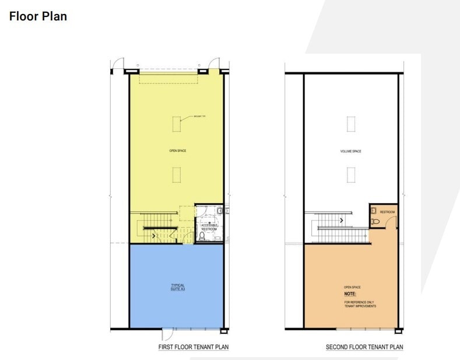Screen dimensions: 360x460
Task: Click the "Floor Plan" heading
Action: point(38,16)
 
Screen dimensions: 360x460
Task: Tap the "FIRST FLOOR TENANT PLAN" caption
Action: point(194,347)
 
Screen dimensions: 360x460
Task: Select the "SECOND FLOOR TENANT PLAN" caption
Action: point(364,347)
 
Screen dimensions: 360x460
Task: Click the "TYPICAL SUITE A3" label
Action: point(178,287)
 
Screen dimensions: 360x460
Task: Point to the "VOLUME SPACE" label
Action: point(351,151)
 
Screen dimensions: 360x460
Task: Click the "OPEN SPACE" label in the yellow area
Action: point(178,151)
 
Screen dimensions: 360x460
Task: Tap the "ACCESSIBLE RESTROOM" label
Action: point(209,227)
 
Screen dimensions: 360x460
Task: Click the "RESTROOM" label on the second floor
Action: point(388,212)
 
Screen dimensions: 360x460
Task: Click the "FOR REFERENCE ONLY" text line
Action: point(360,302)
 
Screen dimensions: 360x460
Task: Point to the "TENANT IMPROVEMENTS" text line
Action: point(360,306)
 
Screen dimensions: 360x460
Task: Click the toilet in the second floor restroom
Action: point(373,222)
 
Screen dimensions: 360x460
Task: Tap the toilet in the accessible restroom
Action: point(202,237)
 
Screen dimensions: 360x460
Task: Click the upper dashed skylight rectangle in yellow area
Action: point(177,124)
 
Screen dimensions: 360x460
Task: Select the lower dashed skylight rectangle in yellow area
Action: point(177,174)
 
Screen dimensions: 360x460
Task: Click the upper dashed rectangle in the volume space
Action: point(351,124)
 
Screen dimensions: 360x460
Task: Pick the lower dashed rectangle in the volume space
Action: point(351,174)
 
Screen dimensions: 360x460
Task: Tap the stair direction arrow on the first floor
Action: point(154,236)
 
